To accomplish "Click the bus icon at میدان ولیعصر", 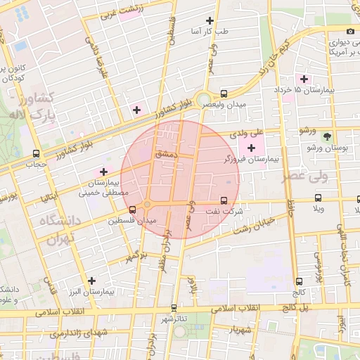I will point(224,93).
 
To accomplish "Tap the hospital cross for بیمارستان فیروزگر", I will point(251,148).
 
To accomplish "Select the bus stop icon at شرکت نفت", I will point(224,200).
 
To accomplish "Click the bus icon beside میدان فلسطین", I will point(132,210).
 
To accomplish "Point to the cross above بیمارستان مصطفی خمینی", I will point(104,172).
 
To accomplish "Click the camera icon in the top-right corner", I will point(330,30).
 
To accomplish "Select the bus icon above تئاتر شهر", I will point(174,308).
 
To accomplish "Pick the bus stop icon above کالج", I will point(300,281).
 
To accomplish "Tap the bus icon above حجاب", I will point(36,153).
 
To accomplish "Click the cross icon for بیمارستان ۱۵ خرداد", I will point(304,78).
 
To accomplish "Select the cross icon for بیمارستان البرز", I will point(91,280).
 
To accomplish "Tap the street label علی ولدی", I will point(250,131).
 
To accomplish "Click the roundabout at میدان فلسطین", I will point(146,205).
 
